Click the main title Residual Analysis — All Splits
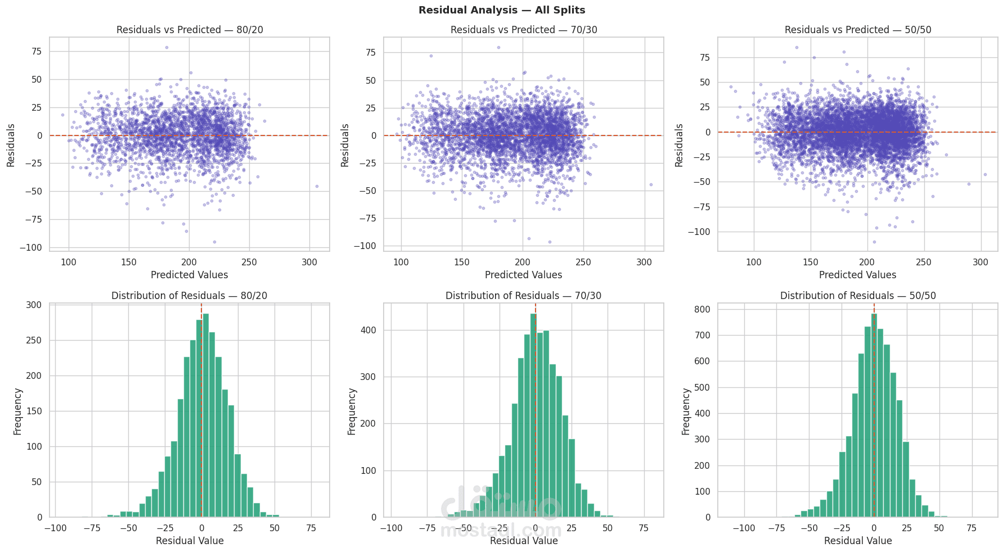pos(501,10)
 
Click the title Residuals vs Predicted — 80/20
pos(190,30)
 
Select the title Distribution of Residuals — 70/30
pos(523,296)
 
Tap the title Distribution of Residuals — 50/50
pos(858,296)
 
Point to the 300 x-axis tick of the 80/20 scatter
pos(309,262)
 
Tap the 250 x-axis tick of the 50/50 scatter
pos(924,262)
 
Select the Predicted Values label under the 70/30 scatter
pos(523,275)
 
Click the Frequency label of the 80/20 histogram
pos(17,411)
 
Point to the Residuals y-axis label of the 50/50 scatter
pos(679,145)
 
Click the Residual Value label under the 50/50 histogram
pos(858,541)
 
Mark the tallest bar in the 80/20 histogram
pos(205,416)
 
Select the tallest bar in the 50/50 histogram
pos(874,416)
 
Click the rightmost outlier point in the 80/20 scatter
pos(317,186)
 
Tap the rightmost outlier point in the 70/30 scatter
pos(651,184)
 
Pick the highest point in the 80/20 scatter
pos(167,47)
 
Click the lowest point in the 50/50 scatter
pos(874,242)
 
